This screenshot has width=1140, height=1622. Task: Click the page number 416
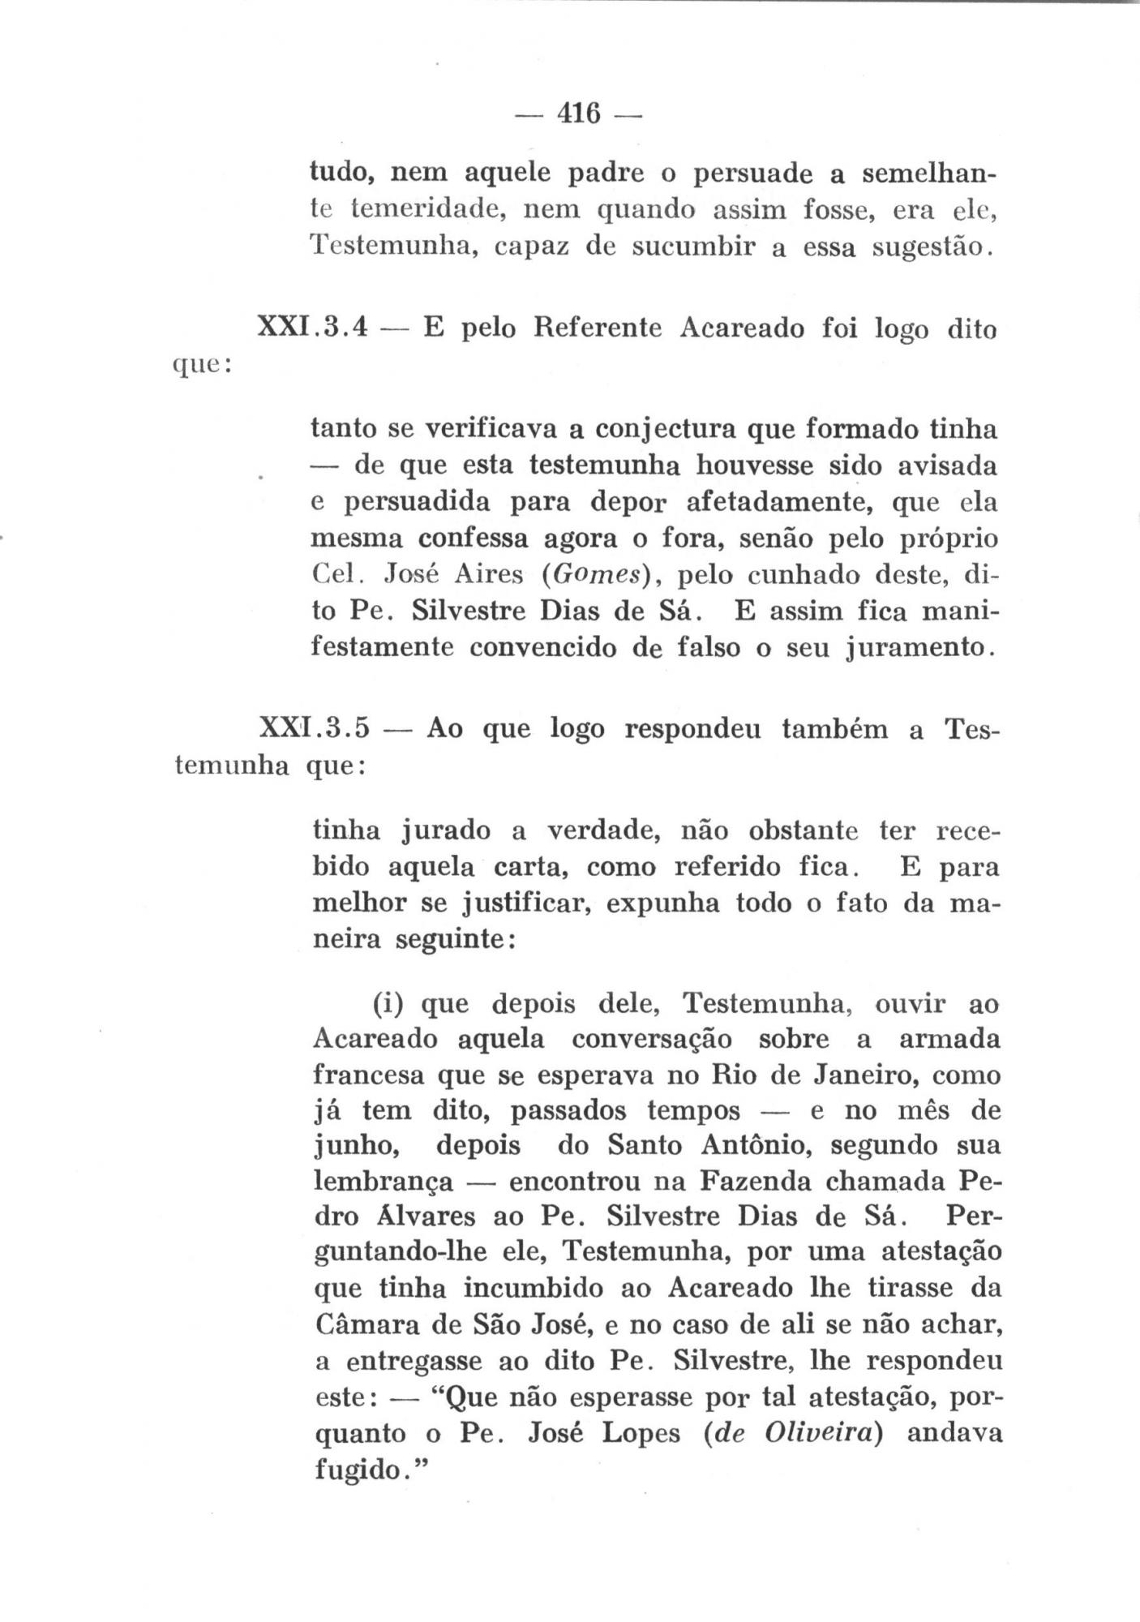point(579,114)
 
